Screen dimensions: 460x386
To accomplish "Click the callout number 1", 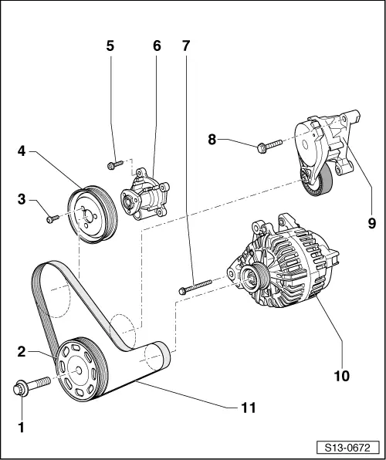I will pyautogui.click(x=22, y=425).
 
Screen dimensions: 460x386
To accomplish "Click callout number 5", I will pyautogui.click(x=110, y=46).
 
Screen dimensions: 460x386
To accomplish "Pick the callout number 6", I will pyautogui.click(x=157, y=46).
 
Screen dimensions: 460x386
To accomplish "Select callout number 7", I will pyautogui.click(x=185, y=46).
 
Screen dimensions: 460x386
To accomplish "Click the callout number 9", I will pyautogui.click(x=371, y=223).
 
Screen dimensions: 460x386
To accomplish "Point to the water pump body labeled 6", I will pyautogui.click(x=147, y=195).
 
